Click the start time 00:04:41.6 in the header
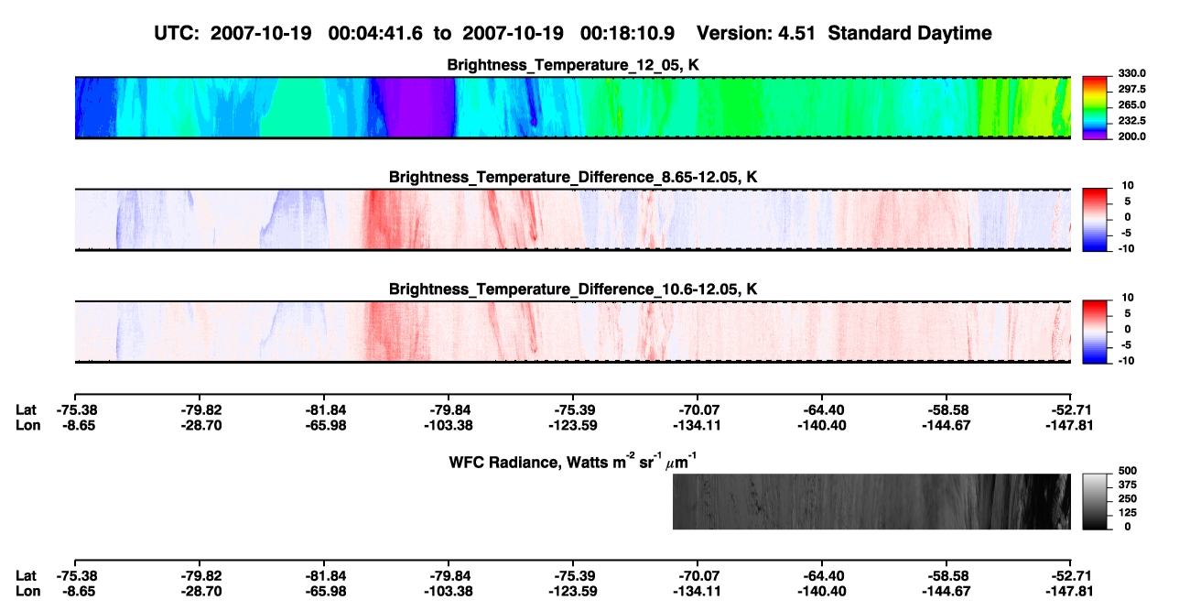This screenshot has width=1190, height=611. tap(375, 34)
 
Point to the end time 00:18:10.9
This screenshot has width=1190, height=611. tap(627, 34)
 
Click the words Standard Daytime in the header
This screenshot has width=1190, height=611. tap(910, 34)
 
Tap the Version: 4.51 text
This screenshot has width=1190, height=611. tap(755, 34)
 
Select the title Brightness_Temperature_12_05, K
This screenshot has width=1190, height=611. tap(573, 65)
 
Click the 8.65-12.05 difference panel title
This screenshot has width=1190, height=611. tap(573, 177)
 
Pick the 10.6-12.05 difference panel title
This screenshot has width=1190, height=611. tap(573, 289)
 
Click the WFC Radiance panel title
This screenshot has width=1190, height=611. tap(573, 462)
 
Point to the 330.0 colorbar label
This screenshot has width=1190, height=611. tap(1131, 73)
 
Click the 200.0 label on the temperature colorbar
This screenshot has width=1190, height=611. tap(1131, 136)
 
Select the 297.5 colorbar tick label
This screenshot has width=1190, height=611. tap(1131, 90)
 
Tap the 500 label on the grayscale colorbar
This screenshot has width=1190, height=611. tap(1128, 471)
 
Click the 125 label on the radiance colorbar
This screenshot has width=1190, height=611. tap(1128, 513)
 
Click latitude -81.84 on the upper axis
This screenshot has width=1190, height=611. tap(325, 410)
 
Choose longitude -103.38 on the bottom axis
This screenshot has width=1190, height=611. tap(449, 592)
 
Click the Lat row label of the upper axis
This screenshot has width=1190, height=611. tap(26, 410)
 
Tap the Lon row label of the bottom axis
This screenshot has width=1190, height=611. tap(27, 592)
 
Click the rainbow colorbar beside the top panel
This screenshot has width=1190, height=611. tap(1095, 108)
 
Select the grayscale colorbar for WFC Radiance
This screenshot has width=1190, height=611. tap(1095, 501)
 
